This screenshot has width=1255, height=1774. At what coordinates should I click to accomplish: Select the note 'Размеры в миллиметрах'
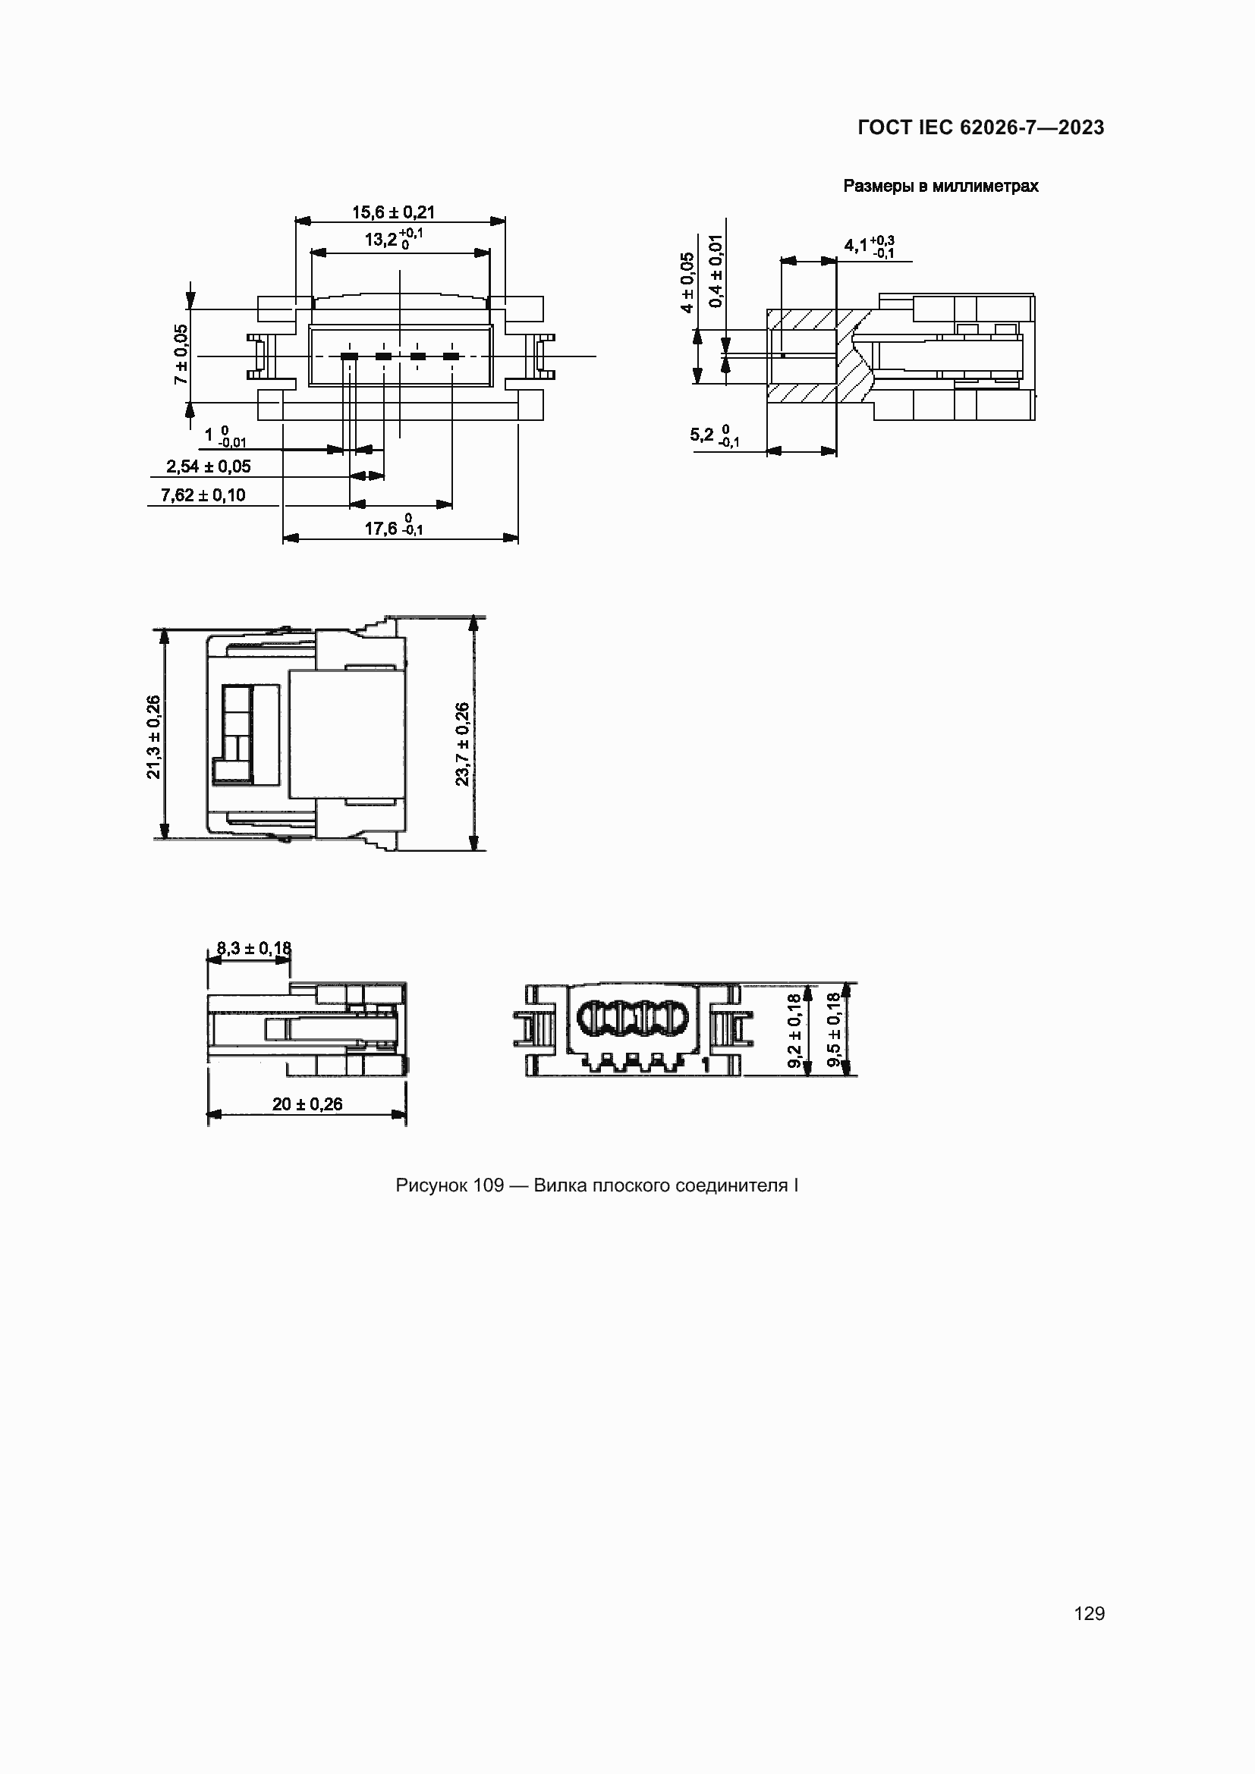coord(940,187)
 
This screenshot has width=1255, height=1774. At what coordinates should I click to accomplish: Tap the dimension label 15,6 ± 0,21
coord(393,212)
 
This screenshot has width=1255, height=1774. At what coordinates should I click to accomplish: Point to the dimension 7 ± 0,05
coord(181,355)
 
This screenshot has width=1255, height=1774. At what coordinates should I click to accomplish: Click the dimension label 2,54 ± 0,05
coord(208,466)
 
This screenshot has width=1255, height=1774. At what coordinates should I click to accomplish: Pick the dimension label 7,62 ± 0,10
coord(203,495)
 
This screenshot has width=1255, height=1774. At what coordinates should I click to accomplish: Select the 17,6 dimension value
coord(381,529)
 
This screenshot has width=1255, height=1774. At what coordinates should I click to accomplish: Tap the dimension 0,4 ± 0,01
coord(716,271)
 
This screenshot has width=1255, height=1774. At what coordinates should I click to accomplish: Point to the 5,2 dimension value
coord(702,435)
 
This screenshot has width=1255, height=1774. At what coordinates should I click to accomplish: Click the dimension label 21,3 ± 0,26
coord(154,736)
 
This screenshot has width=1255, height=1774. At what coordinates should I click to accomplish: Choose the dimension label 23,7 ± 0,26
coord(462,743)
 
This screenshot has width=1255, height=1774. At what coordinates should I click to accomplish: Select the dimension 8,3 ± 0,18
coord(253,948)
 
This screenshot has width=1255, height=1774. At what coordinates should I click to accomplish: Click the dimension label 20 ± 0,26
coord(307,1104)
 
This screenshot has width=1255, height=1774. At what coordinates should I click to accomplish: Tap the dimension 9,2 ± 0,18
coord(794,1031)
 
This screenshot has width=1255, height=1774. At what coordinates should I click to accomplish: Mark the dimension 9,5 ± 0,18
coord(834,1030)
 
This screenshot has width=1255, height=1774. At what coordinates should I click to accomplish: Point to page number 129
coord(1089,1613)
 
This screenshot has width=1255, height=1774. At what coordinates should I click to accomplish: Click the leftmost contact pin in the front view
coord(349,356)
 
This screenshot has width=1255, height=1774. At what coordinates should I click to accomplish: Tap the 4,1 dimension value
coord(855,246)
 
